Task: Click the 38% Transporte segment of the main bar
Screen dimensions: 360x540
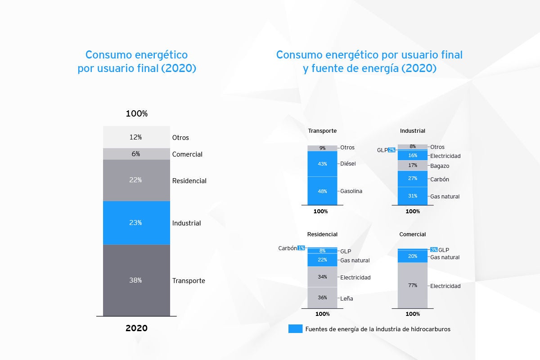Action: [136, 280]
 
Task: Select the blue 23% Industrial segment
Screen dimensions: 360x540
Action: [136, 223]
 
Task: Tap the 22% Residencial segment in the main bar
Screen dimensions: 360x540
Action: [136, 180]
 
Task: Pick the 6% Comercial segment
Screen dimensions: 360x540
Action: [136, 154]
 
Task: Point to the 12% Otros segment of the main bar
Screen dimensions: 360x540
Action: [136, 137]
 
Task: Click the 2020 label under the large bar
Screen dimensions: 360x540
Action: [136, 328]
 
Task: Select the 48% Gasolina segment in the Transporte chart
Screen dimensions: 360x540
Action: [322, 191]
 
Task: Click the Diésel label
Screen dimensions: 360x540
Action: [348, 164]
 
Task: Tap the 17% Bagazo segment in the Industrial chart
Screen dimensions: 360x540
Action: [413, 165]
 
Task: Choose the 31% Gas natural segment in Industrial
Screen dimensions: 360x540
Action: [413, 196]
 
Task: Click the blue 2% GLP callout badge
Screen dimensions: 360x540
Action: [391, 150]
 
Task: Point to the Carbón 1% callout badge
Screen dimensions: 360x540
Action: [301, 248]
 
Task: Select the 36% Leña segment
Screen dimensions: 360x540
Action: [322, 297]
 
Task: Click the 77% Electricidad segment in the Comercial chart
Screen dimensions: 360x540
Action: [413, 285]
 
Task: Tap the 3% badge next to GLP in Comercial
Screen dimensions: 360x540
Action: [434, 250]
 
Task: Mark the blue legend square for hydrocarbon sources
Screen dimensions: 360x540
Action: [295, 329]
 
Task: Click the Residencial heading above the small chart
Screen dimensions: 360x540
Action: [322, 234]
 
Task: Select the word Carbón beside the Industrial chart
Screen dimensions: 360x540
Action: [439, 180]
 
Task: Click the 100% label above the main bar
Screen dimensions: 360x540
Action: [136, 114]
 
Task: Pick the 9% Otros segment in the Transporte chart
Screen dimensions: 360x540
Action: [322, 148]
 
